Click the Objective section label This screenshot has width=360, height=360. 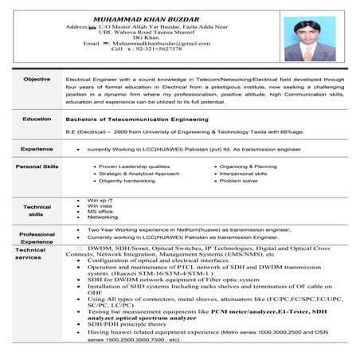(37, 80)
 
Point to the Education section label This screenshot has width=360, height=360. (37, 119)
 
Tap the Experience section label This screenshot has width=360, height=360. (37, 148)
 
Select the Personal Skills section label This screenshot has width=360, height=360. (37, 166)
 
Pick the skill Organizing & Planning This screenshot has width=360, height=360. (248, 166)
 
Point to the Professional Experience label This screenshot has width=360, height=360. (37, 237)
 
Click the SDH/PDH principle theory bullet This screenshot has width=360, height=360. (127, 326)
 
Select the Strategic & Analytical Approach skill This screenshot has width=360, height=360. (139, 173)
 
